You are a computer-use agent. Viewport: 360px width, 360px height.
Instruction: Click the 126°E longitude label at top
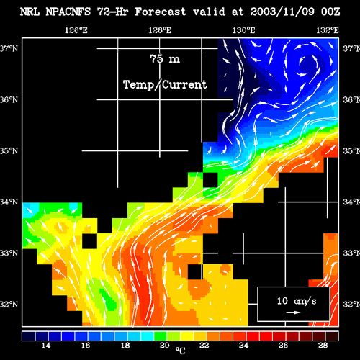(x=76, y=30)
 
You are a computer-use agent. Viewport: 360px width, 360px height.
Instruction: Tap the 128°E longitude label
(x=160, y=30)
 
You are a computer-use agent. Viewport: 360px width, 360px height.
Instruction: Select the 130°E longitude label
(x=243, y=30)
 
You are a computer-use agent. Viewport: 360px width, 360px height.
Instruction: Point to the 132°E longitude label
(x=328, y=30)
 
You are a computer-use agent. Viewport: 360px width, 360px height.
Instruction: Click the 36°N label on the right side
(x=351, y=99)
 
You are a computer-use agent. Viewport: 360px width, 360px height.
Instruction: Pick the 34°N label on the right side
(x=351, y=202)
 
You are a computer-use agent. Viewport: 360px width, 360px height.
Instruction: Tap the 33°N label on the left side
(x=9, y=253)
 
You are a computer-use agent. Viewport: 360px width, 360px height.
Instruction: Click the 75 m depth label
(x=165, y=59)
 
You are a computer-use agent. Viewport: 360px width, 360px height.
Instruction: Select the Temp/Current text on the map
(x=165, y=85)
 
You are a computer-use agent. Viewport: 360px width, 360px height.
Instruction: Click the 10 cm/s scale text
(x=297, y=301)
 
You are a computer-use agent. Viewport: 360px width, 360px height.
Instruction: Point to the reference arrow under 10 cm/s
(x=293, y=312)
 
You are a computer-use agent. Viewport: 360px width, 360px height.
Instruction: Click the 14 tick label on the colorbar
(x=46, y=346)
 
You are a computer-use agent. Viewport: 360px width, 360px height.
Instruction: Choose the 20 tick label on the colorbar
(x=165, y=346)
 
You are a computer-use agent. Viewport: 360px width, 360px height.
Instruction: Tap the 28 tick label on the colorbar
(x=323, y=346)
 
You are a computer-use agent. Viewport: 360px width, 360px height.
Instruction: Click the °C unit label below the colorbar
(x=180, y=351)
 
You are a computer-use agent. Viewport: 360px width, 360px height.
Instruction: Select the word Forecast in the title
(x=161, y=12)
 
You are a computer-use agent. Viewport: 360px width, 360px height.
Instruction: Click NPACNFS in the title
(x=68, y=12)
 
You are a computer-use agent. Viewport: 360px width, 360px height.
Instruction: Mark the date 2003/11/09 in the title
(x=282, y=12)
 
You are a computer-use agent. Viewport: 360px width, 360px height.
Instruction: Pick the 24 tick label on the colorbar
(x=243, y=346)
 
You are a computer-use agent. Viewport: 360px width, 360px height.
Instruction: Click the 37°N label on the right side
(x=351, y=49)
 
